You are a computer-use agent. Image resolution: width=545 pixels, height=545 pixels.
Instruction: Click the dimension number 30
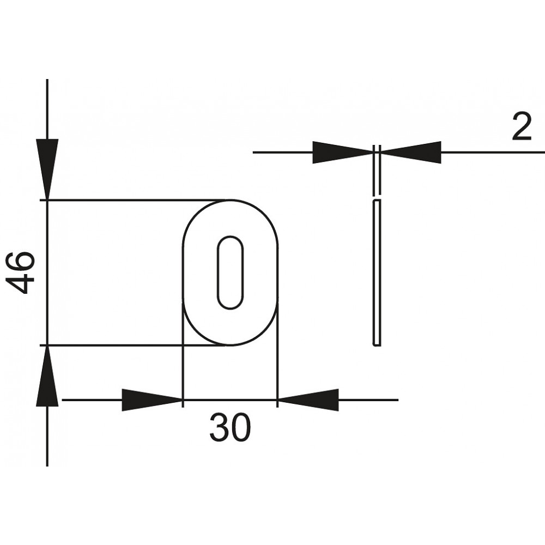click(230, 427)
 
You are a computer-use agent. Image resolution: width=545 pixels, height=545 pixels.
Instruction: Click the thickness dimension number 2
click(522, 127)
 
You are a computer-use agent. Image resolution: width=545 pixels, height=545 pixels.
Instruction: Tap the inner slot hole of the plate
click(230, 272)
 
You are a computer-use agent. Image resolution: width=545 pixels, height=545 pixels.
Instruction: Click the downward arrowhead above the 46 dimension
click(47, 169)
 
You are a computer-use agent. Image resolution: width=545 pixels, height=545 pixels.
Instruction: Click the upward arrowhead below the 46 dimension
click(47, 376)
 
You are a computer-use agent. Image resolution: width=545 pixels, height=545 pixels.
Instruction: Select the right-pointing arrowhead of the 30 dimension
click(152, 400)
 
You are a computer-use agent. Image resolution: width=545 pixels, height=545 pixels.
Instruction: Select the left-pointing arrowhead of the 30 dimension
click(308, 400)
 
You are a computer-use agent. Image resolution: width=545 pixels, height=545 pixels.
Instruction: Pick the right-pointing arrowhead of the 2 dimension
click(343, 152)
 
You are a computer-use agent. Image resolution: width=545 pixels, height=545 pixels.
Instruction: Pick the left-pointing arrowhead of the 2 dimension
click(411, 152)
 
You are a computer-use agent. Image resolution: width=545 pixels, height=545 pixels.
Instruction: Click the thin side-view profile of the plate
click(377, 273)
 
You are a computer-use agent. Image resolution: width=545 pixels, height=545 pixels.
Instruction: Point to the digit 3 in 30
click(219, 427)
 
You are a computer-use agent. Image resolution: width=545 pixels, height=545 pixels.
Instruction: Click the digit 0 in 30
click(240, 427)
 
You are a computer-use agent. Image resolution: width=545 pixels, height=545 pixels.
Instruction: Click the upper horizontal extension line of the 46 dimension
click(135, 200)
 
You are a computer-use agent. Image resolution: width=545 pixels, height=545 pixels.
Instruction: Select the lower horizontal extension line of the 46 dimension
click(135, 345)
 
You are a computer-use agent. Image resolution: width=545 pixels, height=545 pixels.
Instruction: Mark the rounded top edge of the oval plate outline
click(230, 200)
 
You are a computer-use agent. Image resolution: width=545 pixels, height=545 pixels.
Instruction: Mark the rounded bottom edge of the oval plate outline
click(230, 345)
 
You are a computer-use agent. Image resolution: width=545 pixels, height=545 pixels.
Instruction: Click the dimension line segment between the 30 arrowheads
click(230, 400)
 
